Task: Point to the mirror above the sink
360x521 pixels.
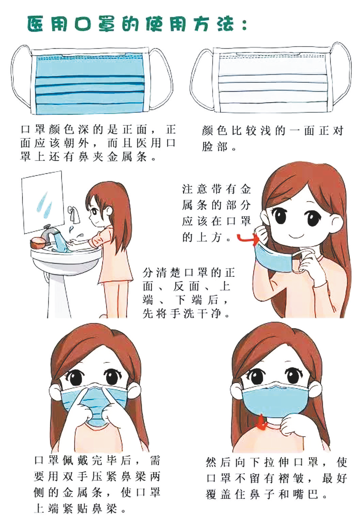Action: point(43,202)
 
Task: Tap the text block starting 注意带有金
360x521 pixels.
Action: point(216,213)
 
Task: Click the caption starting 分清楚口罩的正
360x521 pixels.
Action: point(189,293)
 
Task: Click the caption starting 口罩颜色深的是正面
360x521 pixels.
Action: point(98,143)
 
